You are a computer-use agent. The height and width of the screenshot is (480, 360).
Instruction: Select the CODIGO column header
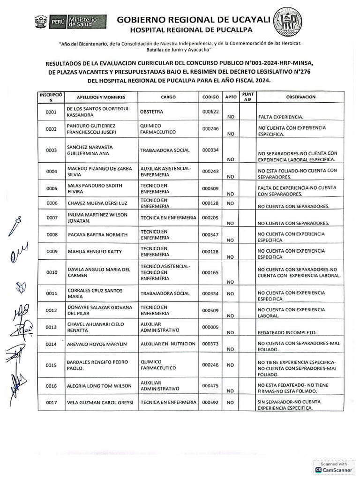pyautogui.click(x=210, y=97)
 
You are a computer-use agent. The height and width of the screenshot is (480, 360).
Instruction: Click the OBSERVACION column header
pyautogui.click(x=298, y=97)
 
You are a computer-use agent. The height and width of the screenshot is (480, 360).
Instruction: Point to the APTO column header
pyautogui.click(x=231, y=97)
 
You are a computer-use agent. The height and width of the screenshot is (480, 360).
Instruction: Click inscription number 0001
pyautogui.click(x=52, y=112)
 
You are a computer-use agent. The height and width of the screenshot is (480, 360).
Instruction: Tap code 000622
pyautogui.click(x=210, y=112)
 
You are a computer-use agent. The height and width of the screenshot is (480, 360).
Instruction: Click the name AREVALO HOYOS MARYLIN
pyautogui.click(x=97, y=344)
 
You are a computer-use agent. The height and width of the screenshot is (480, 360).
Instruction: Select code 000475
pyautogui.click(x=210, y=386)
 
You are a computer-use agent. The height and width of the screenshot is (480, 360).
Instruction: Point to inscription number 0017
pyautogui.click(x=52, y=403)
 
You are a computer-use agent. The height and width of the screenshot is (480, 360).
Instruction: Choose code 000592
pyautogui.click(x=210, y=403)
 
